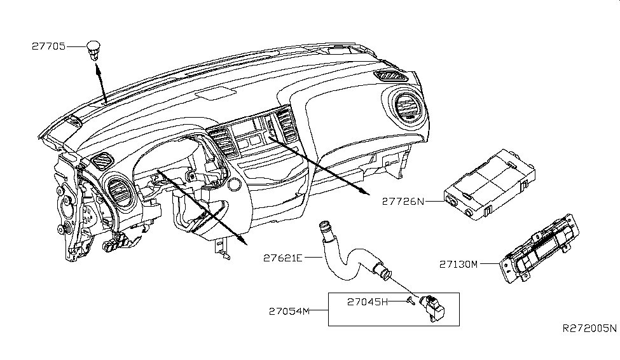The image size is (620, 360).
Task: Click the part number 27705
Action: (x=48, y=46)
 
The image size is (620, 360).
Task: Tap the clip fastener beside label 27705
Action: (x=94, y=48)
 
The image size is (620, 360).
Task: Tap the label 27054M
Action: (x=288, y=311)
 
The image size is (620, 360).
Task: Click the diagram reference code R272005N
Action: (x=589, y=329)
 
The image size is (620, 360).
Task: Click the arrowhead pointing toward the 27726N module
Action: (x=364, y=191)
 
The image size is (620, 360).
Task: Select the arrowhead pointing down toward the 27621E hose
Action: (x=242, y=240)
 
